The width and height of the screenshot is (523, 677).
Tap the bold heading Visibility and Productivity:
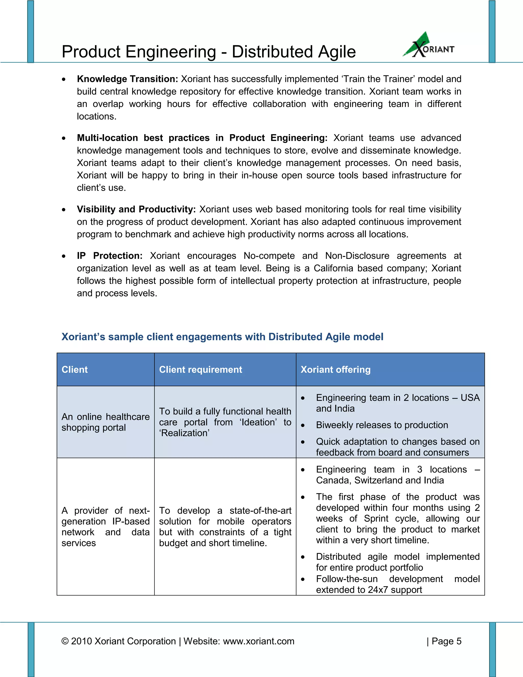click(x=136, y=209)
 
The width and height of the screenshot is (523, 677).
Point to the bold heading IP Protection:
click(x=109, y=256)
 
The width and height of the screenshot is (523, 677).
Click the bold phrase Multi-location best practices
click(x=143, y=138)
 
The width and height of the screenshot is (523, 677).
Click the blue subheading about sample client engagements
click(x=222, y=337)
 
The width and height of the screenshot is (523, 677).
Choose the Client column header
click(x=75, y=369)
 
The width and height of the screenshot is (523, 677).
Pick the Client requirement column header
click(x=200, y=369)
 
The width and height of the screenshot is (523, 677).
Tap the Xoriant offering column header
click(x=336, y=369)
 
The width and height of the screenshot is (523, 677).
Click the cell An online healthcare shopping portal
click(x=105, y=422)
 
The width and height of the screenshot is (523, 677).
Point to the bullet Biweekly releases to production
click(x=382, y=425)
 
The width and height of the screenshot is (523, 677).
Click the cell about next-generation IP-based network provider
click(x=105, y=527)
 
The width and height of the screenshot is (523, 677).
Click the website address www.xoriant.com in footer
click(x=258, y=641)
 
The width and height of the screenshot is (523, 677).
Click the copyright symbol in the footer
click(x=65, y=641)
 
